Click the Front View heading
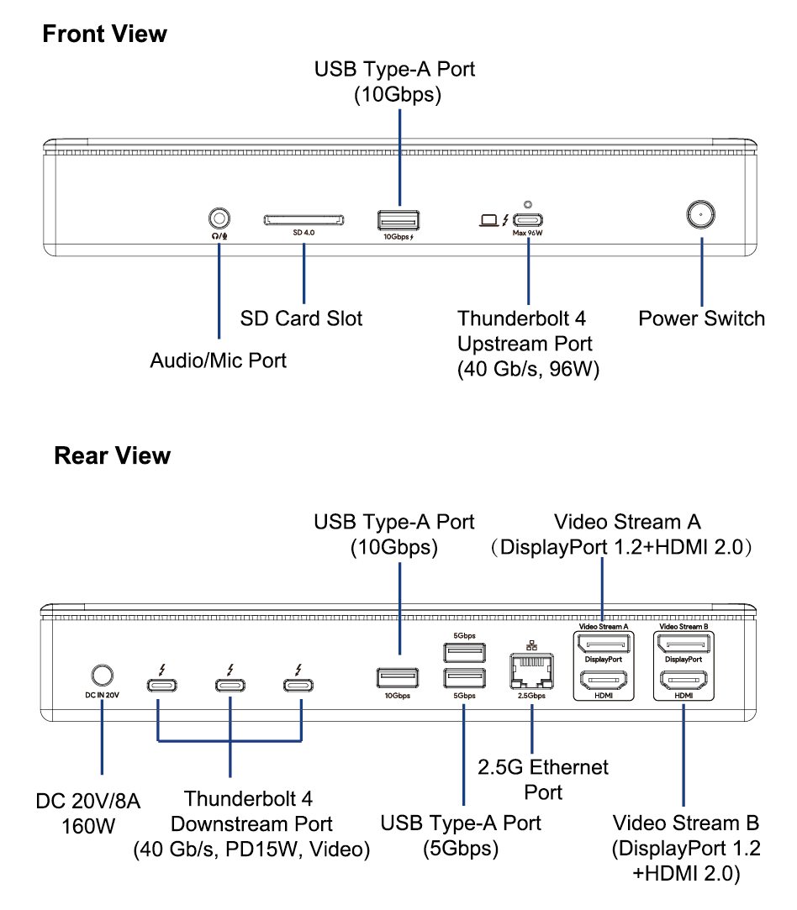[x=104, y=34]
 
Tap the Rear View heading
[x=112, y=456]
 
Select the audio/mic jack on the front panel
[x=219, y=218]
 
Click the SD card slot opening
[x=303, y=220]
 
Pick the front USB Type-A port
[x=398, y=221]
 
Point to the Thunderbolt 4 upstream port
[x=528, y=221]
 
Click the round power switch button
[x=700, y=215]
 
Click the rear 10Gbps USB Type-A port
[x=398, y=678]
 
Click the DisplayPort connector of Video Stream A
[x=602, y=644]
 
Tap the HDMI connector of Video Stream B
[x=684, y=681]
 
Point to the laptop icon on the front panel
[x=488, y=221]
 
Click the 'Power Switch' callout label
[x=701, y=318]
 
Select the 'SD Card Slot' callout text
[x=301, y=318]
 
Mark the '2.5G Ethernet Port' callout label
[x=543, y=779]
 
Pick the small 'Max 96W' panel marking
[x=529, y=235]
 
